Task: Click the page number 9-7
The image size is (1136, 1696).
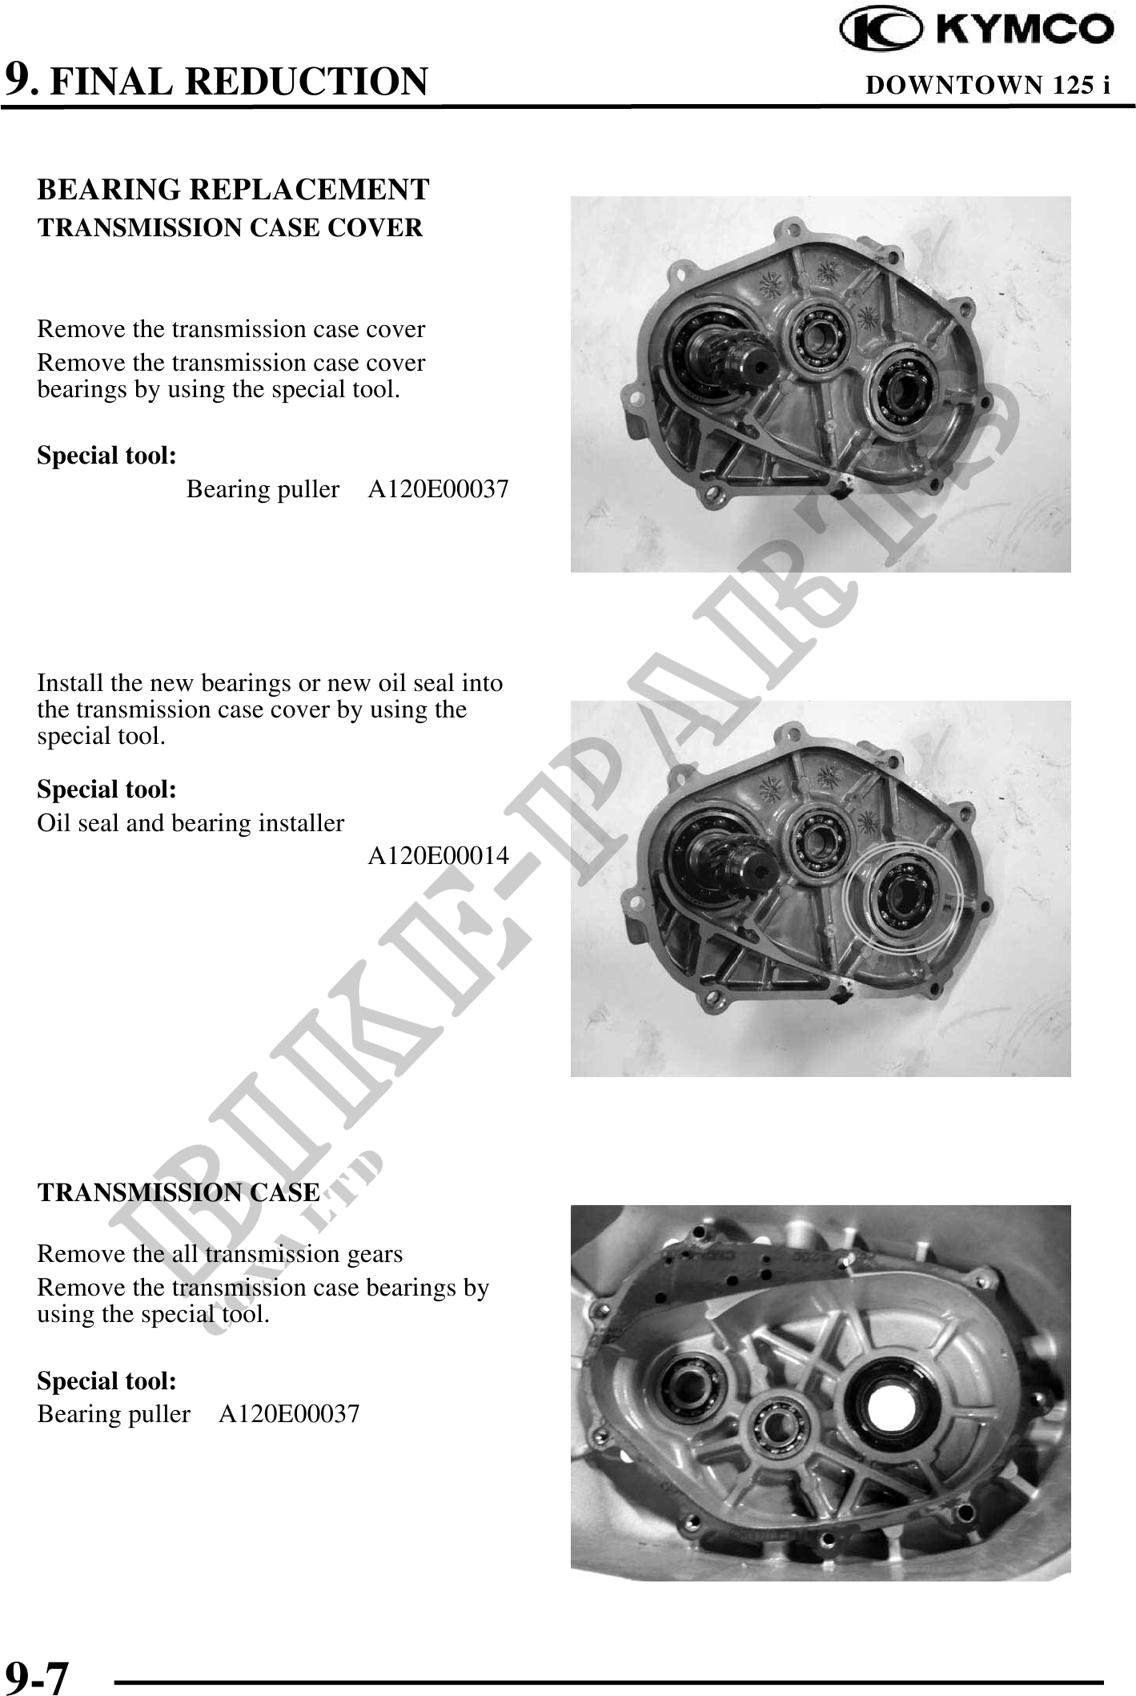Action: point(37,1677)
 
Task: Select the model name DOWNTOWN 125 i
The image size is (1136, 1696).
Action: point(988,85)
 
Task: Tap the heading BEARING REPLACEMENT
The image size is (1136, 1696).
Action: point(233,190)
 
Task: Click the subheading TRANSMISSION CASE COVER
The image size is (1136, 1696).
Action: point(230,228)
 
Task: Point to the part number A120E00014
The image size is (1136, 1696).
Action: point(438,856)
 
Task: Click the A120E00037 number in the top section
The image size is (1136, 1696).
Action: point(438,488)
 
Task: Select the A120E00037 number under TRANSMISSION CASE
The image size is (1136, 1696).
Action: point(289,1413)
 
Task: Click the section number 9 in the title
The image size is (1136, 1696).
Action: point(18,80)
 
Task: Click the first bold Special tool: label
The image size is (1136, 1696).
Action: point(107,456)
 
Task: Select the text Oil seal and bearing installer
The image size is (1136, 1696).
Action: point(191,823)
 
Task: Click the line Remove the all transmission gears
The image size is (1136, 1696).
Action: point(220,1253)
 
